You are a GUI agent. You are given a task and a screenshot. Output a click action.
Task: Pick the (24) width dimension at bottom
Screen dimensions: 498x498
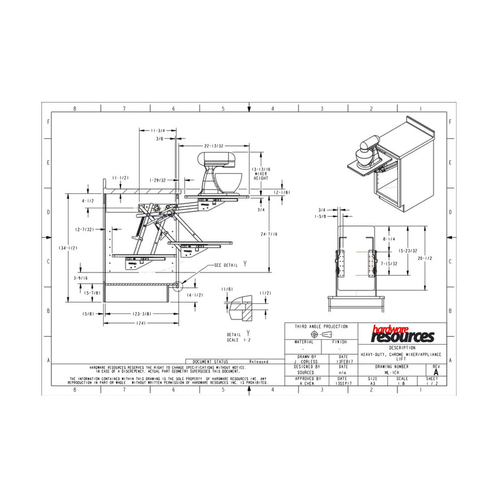[x=141, y=323]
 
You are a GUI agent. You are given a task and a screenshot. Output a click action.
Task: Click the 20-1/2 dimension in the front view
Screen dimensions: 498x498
[x=424, y=258]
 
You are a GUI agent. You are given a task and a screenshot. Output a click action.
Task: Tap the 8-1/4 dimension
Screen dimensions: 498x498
[x=389, y=238]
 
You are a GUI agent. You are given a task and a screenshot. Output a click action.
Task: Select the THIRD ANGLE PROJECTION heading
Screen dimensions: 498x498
[x=321, y=326]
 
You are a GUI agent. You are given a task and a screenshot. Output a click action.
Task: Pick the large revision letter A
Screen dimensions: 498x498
[x=436, y=373]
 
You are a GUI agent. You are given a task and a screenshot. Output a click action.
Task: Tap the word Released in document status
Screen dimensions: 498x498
[x=258, y=361]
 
